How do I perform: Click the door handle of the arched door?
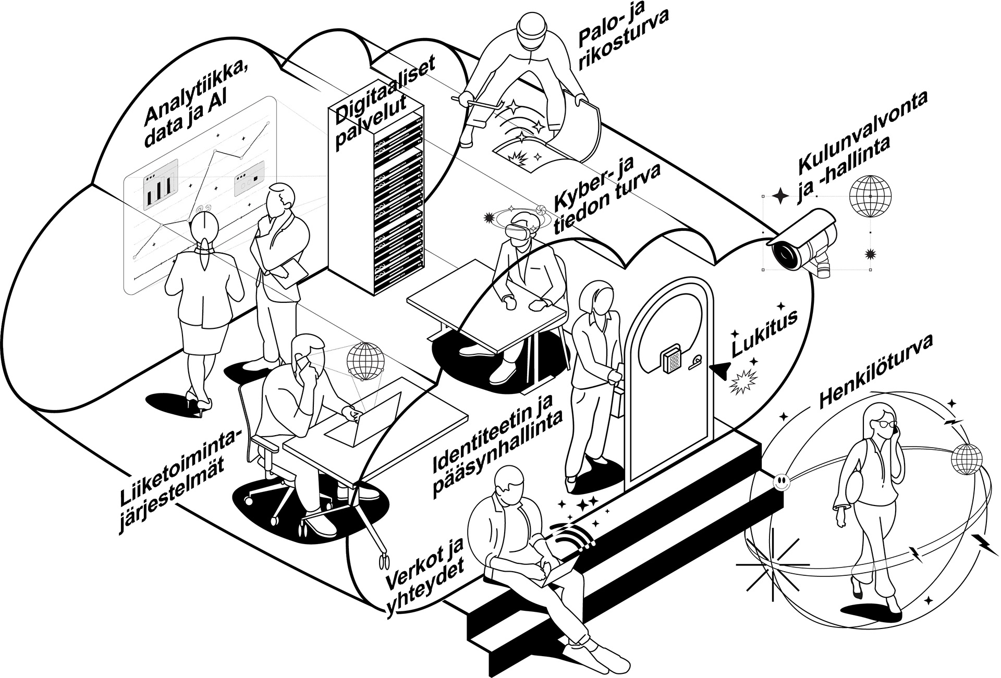[698, 363]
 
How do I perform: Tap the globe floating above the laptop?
[367, 361]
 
